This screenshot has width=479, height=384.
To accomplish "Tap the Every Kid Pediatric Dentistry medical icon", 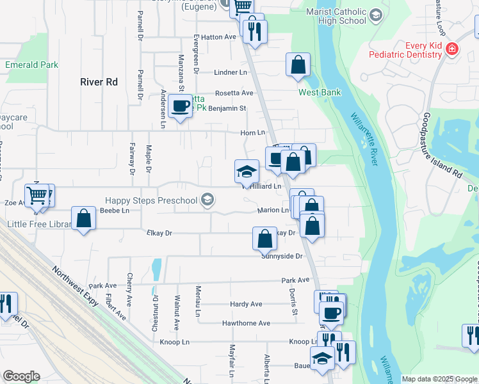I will pos(452,49).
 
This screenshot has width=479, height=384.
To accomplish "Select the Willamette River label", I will pos(363,138).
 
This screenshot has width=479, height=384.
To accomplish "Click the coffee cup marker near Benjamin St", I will pos(181,105).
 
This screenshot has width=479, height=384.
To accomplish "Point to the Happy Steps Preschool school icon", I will pos(206,200).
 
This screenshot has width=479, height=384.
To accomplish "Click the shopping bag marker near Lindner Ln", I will pos(298,65).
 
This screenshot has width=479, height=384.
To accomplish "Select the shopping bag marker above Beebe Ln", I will pos(83,219).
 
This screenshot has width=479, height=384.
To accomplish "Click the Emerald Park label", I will pos(31,65).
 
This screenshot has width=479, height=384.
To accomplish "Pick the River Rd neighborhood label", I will pos(99,82).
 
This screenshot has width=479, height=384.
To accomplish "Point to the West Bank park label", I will pos(320,92).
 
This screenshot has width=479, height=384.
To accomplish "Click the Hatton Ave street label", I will pos(219,37).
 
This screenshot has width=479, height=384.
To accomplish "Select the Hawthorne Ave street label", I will pos(246,323).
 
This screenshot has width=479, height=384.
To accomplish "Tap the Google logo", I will pos(21,376).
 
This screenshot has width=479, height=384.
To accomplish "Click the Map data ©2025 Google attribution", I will pos(439,379).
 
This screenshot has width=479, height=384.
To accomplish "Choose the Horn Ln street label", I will pos(252,132).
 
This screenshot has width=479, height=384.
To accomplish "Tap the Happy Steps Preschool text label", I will pos(151,201).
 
